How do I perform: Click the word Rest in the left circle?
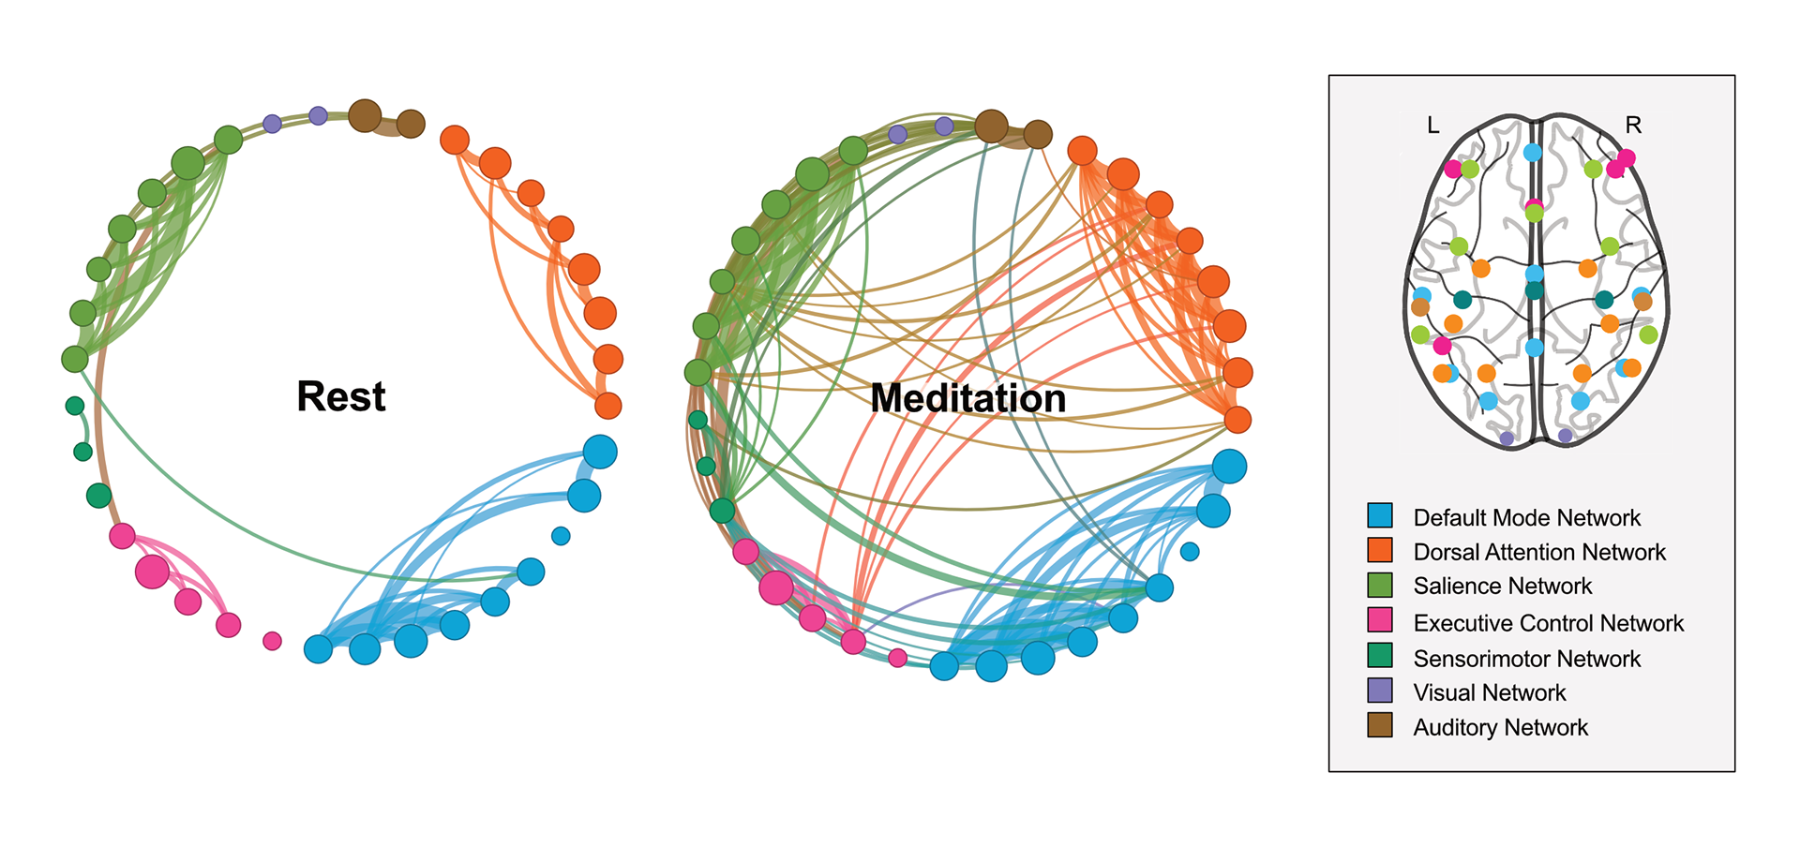point(340,396)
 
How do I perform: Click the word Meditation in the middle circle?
point(967,398)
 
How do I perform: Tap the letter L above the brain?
point(1432,126)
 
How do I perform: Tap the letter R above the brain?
point(1633,125)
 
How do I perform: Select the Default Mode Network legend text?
point(1526,518)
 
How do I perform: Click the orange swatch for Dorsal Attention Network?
point(1380,550)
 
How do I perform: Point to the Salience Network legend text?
point(1502,587)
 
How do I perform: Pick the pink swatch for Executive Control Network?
point(1380,620)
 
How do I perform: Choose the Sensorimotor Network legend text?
point(1526,659)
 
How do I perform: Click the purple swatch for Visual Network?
point(1380,691)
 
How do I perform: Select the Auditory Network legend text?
point(1500,728)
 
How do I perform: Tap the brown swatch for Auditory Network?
point(1380,725)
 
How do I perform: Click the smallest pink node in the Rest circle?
point(272,641)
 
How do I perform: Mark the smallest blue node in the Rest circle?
point(561,536)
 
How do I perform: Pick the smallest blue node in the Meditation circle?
point(1190,552)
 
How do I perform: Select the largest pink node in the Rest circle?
point(152,571)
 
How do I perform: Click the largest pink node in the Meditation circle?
point(776,587)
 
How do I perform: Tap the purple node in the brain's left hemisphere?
point(1507,438)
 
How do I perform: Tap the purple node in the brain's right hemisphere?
point(1565,436)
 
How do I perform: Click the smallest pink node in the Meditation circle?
point(898,658)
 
